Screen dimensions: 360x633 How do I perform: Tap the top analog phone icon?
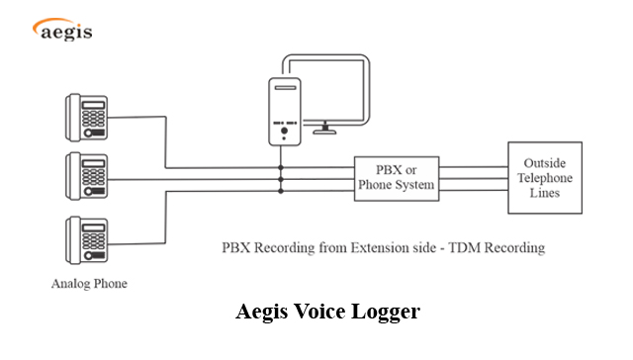click(87, 117)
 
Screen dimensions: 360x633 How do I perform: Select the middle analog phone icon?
click(87, 177)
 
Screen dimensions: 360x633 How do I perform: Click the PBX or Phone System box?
click(396, 178)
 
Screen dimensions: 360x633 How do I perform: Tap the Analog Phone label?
click(89, 284)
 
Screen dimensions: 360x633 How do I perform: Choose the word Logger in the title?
click(389, 312)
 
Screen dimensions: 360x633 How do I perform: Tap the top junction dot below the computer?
click(282, 168)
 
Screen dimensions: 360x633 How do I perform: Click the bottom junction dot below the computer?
click(282, 190)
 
